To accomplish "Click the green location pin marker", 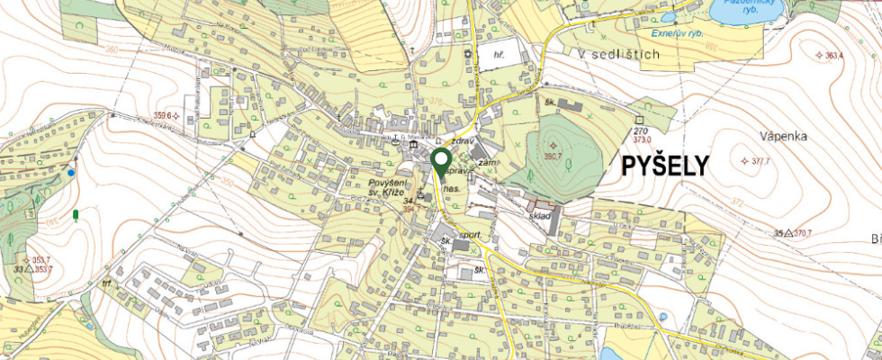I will (x=441, y=162).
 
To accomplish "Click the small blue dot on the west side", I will (x=71, y=171).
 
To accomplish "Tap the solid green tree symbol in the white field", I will (x=76, y=214).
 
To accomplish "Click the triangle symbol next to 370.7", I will (x=788, y=233).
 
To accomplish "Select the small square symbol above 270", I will (x=640, y=120).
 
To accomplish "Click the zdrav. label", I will (x=462, y=142).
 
